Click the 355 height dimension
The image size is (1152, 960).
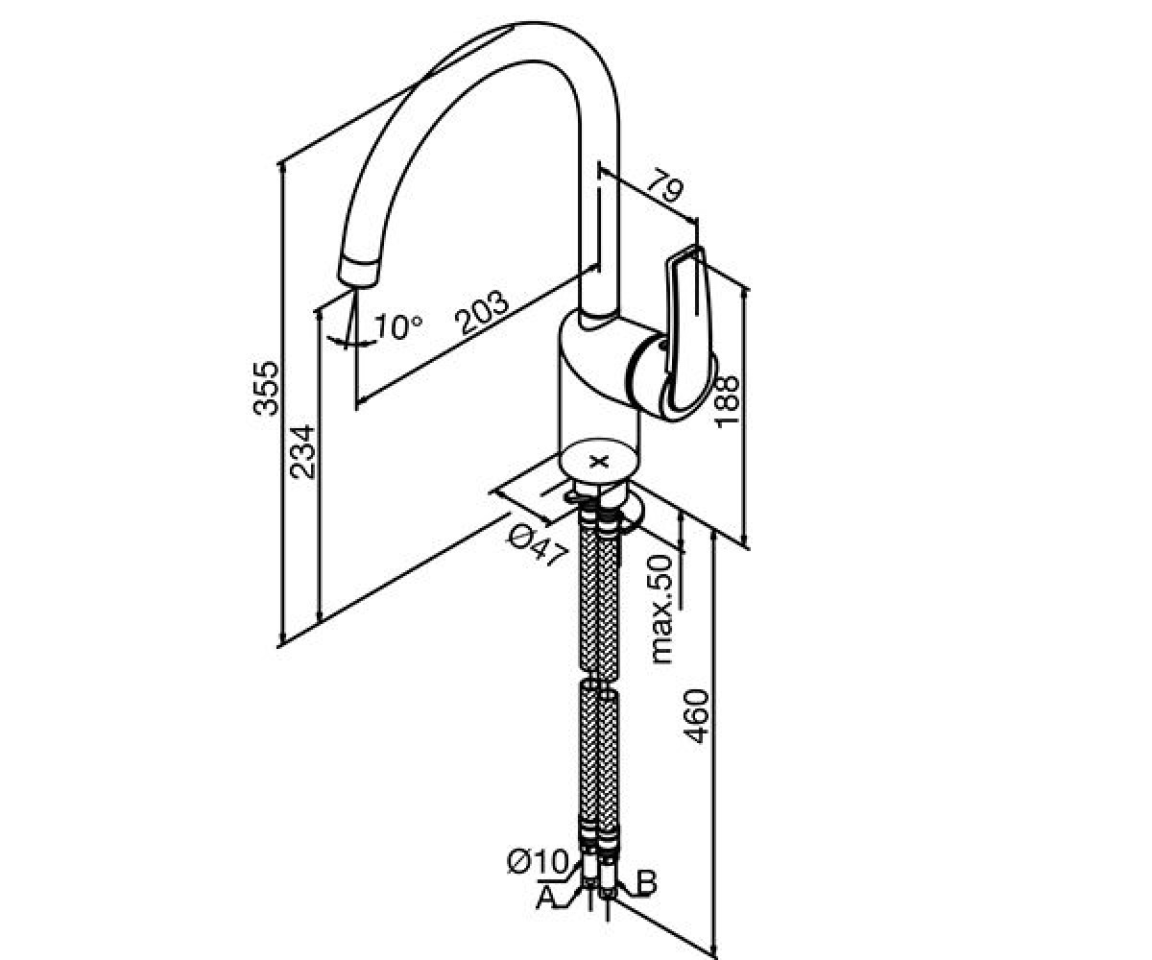click(x=265, y=388)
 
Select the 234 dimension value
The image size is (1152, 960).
click(x=303, y=452)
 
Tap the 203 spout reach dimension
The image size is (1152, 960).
click(x=481, y=312)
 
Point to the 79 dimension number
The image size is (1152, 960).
click(x=666, y=186)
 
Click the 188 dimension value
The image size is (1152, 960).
click(x=726, y=401)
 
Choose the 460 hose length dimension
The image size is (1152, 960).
click(x=696, y=716)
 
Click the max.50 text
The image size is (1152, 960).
click(x=662, y=609)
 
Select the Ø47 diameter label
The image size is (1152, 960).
click(x=537, y=546)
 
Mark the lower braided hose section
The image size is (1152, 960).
click(x=599, y=761)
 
